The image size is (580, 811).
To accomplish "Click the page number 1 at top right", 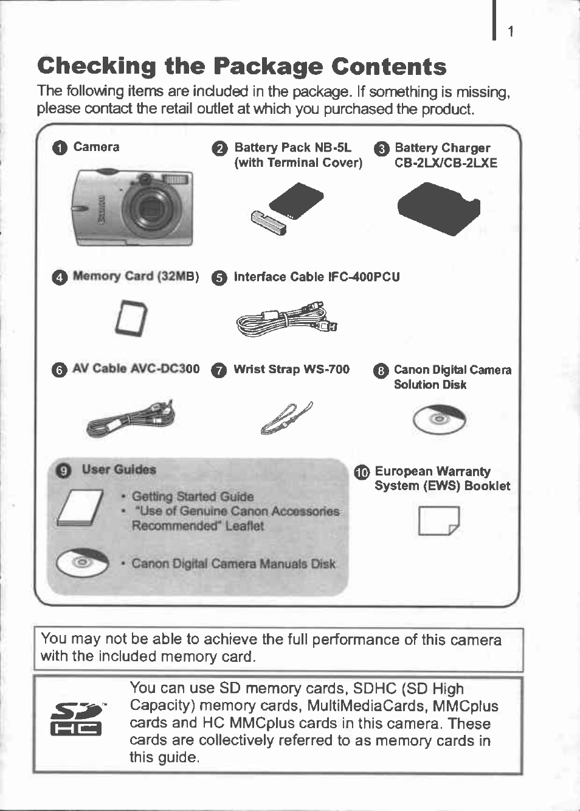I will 511,32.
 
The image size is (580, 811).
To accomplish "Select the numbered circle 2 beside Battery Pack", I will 219,149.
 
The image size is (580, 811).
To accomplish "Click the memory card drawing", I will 131,318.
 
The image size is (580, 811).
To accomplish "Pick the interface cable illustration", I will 286,319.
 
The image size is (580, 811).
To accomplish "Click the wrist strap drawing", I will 286,418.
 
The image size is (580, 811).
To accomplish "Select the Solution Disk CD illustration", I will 440,420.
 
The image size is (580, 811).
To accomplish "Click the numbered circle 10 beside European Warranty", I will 362,472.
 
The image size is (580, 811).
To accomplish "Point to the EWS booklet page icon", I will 438,520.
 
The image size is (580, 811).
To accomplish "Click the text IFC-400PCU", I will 364,277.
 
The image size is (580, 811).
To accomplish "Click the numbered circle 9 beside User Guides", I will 63,471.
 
